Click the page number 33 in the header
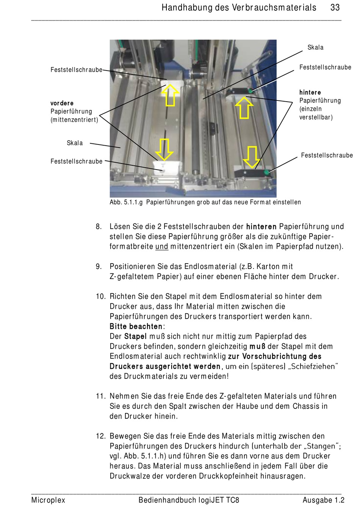click(335, 8)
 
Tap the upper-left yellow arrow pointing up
click(170, 95)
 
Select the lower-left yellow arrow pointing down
click(164, 149)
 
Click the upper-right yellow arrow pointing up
click(244, 108)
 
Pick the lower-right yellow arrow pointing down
click(252, 157)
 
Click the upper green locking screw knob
click(250, 91)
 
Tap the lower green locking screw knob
click(266, 173)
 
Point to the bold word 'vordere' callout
click(62, 103)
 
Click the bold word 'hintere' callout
click(310, 92)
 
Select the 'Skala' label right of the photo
click(315, 47)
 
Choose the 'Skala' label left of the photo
click(75, 143)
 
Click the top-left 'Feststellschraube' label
click(77, 70)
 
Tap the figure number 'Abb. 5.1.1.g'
click(126, 202)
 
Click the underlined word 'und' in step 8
click(162, 247)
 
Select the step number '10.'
click(101, 297)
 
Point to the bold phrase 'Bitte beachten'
click(136, 327)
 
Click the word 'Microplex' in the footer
click(48, 500)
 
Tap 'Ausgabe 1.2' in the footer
click(324, 500)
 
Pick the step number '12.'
click(101, 436)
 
